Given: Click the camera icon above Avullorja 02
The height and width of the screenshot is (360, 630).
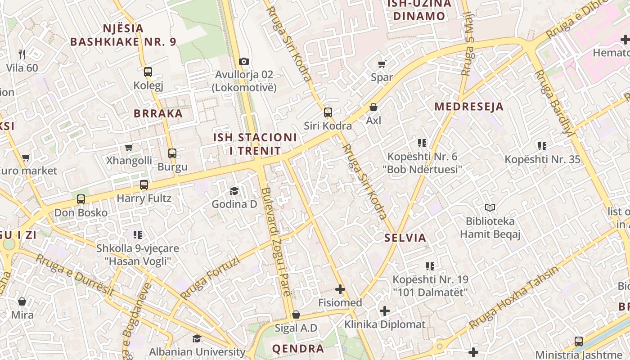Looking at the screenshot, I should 244,61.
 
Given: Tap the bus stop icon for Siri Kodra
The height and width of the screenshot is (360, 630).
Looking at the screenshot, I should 328,112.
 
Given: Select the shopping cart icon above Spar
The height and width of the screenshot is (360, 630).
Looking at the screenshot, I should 382,64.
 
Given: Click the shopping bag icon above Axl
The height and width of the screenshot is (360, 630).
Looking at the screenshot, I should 373,107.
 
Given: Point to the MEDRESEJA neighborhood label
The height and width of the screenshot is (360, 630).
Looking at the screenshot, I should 468,107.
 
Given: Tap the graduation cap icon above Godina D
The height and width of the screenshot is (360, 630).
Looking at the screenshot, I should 234,191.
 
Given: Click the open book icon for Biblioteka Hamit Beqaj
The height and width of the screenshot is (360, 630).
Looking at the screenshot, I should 490,208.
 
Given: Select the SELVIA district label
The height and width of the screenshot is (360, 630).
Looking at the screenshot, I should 405,238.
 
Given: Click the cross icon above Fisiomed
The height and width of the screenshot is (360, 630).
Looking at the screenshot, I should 340,289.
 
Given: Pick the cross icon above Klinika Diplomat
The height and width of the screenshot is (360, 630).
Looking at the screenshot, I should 385,311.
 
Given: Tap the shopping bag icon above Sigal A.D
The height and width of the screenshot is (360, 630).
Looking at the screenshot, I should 296,315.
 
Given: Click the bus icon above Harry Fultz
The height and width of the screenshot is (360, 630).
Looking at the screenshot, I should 144,185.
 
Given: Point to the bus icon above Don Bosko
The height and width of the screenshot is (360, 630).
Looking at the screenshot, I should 81,199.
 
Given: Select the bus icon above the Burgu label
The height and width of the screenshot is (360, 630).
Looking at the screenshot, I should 172,153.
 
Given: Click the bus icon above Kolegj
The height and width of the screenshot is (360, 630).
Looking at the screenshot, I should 148,72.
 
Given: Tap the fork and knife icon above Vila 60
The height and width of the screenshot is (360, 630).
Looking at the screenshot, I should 22,54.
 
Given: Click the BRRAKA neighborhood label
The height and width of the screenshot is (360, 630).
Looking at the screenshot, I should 158,113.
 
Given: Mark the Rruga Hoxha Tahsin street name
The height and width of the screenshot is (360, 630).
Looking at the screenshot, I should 513,297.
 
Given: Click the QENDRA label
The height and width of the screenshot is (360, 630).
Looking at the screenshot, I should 298,348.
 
